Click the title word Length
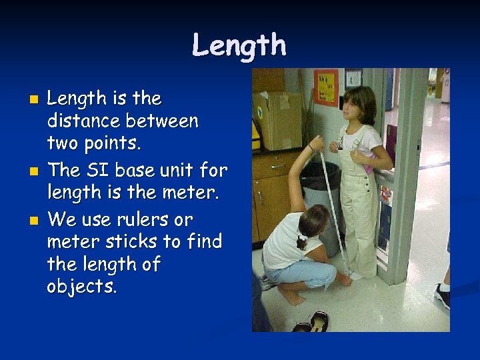[x=239, y=46]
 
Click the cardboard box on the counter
[x=279, y=120]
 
